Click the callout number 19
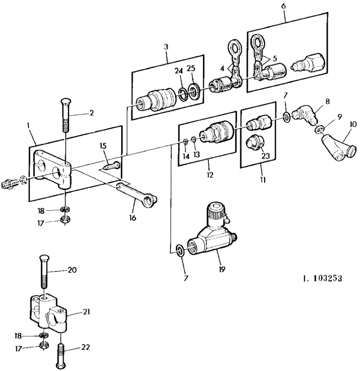tap(222, 269)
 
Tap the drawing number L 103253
tap(323, 278)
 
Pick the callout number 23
tap(266, 155)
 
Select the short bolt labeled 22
tap(61, 356)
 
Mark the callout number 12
tap(210, 175)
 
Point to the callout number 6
tap(284, 6)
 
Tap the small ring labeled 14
tap(185, 142)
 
